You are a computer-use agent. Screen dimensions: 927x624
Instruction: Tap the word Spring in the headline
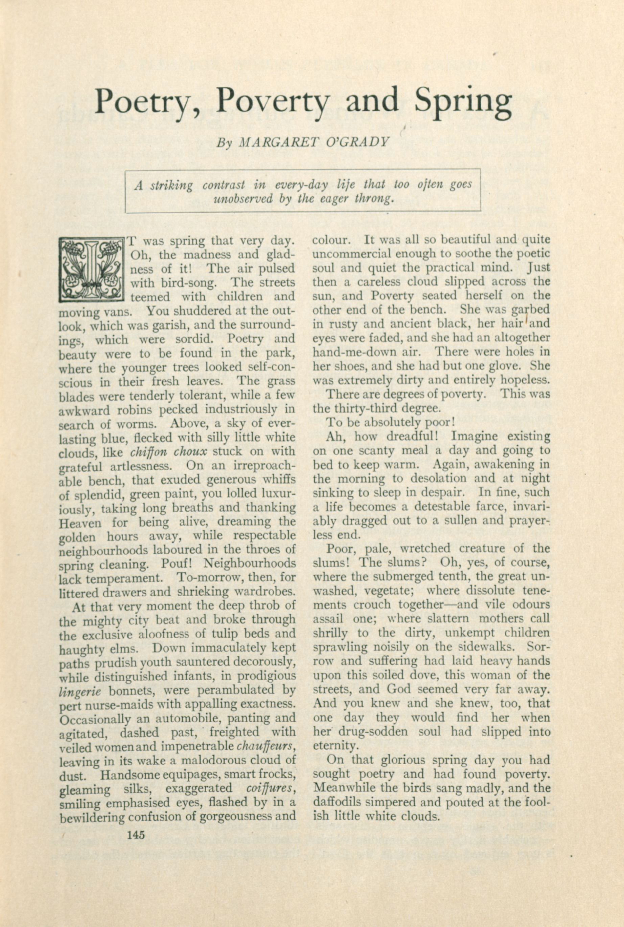coord(463,101)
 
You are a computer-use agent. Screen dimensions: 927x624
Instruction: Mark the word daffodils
coord(336,802)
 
